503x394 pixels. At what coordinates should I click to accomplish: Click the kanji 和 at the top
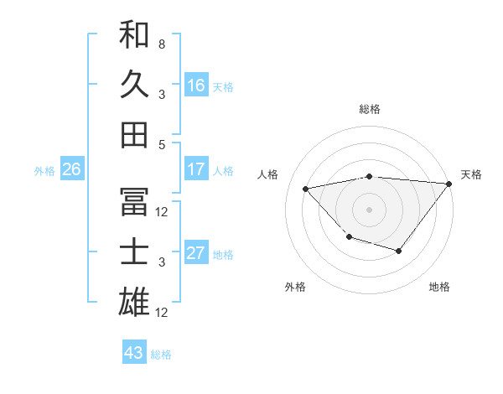134,36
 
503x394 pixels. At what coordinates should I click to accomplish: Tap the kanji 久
134,85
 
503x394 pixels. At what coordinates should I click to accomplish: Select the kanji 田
134,134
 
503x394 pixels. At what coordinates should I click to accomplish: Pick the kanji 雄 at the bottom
134,302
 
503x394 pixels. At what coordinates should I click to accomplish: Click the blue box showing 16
196,86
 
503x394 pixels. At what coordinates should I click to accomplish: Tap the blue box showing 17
196,169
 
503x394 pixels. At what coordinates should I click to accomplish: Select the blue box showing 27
196,253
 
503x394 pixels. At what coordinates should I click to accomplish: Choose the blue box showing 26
71,169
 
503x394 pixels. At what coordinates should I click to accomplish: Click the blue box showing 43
133,353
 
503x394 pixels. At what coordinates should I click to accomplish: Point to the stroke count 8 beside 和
161,44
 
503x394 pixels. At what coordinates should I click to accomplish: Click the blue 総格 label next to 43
161,355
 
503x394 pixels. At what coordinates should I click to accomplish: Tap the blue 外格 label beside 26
44,171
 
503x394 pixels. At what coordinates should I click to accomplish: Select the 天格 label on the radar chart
471,174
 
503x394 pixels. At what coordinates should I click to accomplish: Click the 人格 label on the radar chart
269,174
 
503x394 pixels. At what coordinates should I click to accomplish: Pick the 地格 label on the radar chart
439,287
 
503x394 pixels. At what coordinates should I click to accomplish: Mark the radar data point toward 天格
449,184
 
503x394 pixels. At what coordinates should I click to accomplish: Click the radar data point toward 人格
306,189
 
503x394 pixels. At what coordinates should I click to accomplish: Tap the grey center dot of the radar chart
369,209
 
